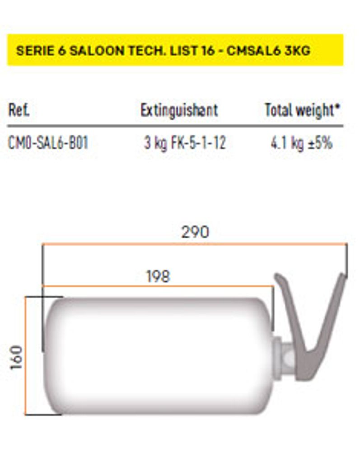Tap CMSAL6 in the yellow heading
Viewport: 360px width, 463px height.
click(x=253, y=51)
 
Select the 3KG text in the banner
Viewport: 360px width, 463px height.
click(x=297, y=51)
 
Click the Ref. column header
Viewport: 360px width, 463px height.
click(x=19, y=110)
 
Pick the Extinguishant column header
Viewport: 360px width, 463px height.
click(x=179, y=110)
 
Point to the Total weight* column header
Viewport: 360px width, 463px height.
click(x=302, y=110)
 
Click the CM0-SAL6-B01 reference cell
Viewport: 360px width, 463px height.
click(x=48, y=143)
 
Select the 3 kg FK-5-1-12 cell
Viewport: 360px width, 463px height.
click(x=185, y=143)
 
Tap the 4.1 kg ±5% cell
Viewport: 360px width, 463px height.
click(x=302, y=143)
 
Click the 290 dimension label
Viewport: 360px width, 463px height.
click(x=195, y=232)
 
